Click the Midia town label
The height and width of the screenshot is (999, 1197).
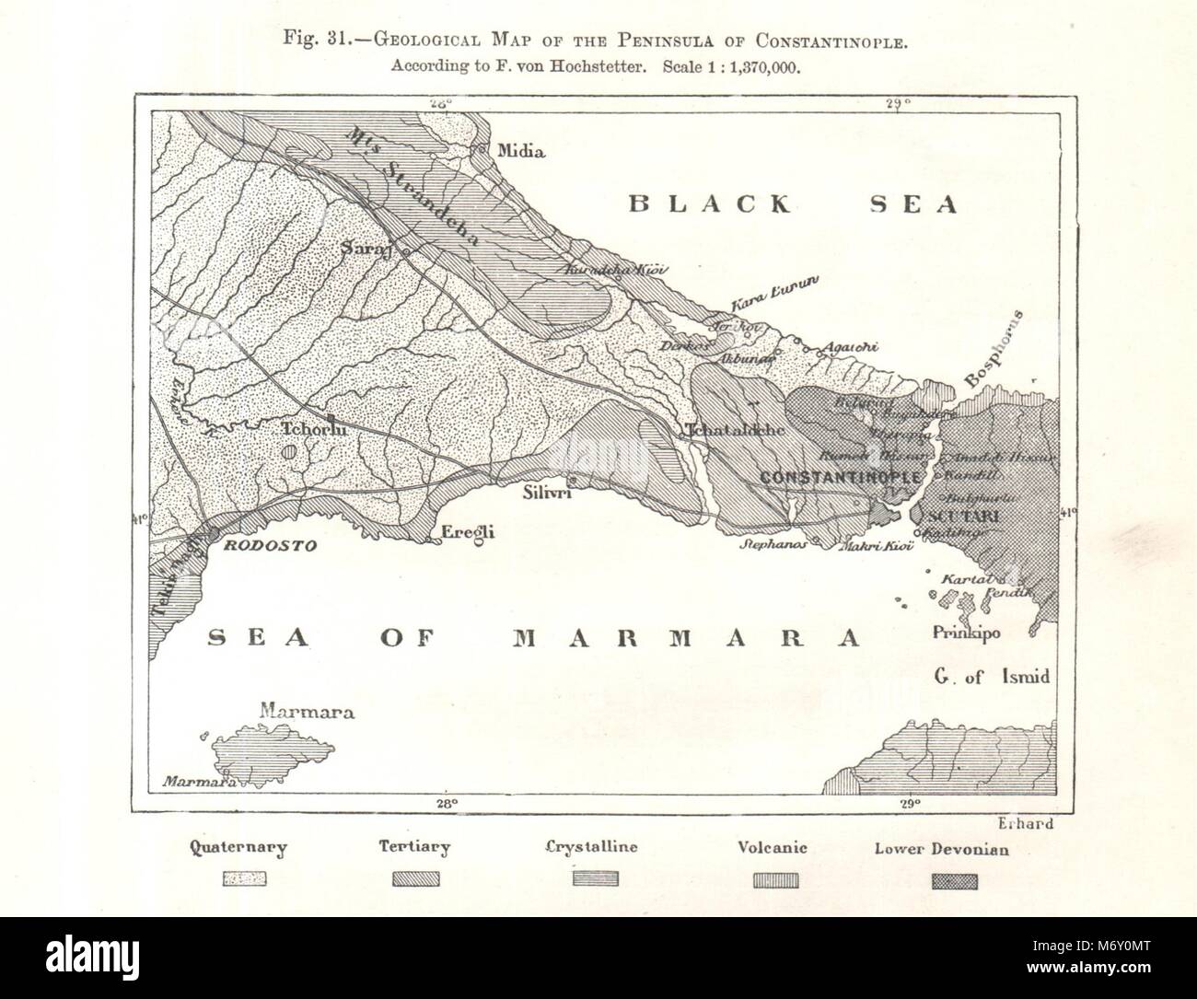point(520,151)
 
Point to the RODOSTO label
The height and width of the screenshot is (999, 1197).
point(268,546)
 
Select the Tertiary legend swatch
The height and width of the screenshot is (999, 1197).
point(416,879)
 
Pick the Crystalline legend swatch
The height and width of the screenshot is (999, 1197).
point(596,879)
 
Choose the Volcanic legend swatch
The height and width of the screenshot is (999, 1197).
point(776,879)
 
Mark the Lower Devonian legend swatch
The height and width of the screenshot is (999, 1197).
point(954,881)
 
